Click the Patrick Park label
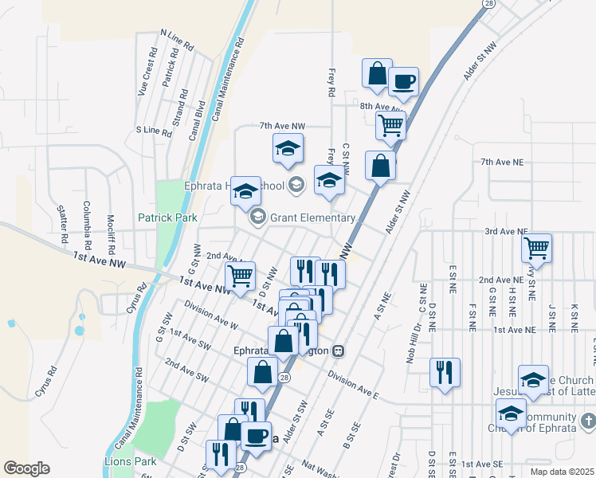(x=167, y=216)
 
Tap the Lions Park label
(x=131, y=461)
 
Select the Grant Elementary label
(x=313, y=217)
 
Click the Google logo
(x=26, y=468)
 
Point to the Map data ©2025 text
(x=562, y=472)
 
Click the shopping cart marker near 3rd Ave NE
(x=537, y=248)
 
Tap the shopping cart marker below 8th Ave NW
(x=390, y=124)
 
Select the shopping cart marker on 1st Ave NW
(x=240, y=276)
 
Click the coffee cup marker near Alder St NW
(x=403, y=80)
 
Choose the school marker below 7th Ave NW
(x=288, y=147)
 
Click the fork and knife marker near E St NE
(x=445, y=372)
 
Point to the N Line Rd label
(x=177, y=40)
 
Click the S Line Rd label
(x=154, y=131)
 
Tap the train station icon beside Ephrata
(x=339, y=350)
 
